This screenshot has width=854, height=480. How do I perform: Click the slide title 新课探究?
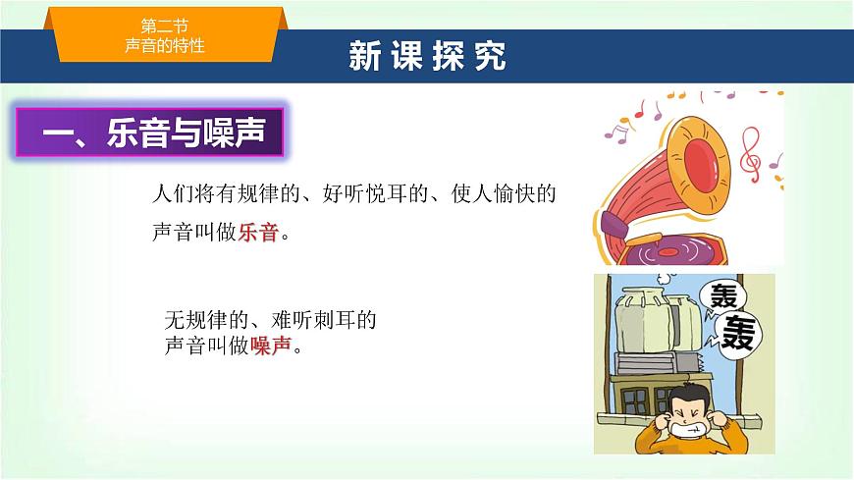pyautogui.click(x=427, y=57)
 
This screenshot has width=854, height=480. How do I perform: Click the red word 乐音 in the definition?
pyautogui.click(x=259, y=235)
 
